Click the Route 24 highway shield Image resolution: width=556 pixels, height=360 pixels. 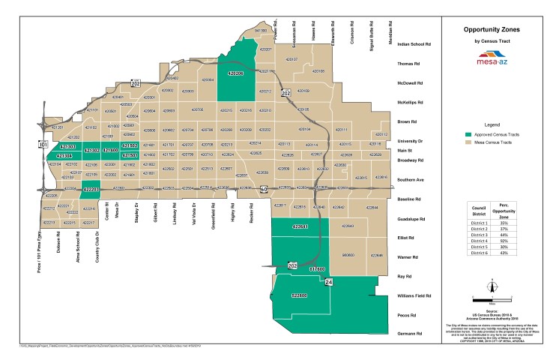[328, 282]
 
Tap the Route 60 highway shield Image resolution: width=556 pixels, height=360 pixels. [264, 190]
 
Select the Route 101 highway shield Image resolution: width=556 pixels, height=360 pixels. [43, 143]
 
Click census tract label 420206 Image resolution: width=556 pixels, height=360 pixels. [236, 73]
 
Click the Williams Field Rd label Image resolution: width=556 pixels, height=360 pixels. [413, 296]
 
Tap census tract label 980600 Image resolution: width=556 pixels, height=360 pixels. [348, 255]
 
